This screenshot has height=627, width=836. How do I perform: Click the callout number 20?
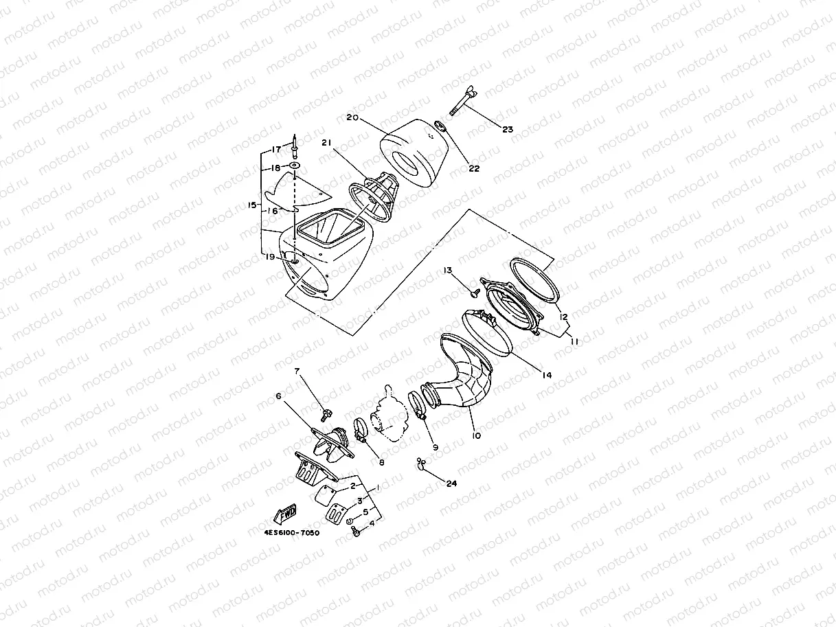pos(352,118)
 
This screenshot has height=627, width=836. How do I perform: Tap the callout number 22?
pos(474,168)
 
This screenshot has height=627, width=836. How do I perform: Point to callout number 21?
pos(327,142)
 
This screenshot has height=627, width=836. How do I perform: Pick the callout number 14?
pos(547,375)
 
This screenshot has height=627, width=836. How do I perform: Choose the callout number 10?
pos(477,435)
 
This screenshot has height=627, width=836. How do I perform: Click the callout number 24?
pos(451,483)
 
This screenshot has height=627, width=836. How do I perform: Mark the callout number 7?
pos(298,371)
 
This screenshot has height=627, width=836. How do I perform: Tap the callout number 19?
pos(271,256)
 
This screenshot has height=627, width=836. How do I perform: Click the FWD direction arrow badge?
pos(284,514)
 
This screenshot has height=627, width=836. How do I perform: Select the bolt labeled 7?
pos(326,413)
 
